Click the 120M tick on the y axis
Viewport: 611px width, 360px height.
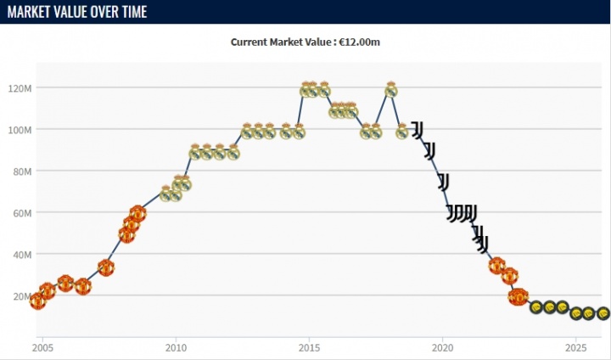[x=20, y=88]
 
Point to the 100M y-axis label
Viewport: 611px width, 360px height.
[x=20, y=130]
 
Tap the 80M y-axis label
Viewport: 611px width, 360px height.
[x=21, y=172]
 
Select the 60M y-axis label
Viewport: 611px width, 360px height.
[x=21, y=213]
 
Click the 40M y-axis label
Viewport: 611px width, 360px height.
[x=21, y=255]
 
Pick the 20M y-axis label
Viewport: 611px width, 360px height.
[x=21, y=296]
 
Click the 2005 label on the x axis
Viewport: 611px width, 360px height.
[x=42, y=347]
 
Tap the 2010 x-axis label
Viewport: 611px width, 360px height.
[x=176, y=347]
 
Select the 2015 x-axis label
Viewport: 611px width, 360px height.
[x=309, y=347]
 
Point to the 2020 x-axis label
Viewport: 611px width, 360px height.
[x=442, y=347]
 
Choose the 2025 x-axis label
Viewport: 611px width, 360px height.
[x=575, y=347]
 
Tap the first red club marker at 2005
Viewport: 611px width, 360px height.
[x=37, y=301]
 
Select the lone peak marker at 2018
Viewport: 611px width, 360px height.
[x=391, y=89]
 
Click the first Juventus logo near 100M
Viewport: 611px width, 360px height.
[x=418, y=129]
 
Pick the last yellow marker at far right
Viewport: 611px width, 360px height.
[x=603, y=313]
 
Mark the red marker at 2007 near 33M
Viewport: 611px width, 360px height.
[x=106, y=267]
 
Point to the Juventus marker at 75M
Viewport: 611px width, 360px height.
[x=443, y=181]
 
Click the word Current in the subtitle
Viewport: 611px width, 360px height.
[x=251, y=42]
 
